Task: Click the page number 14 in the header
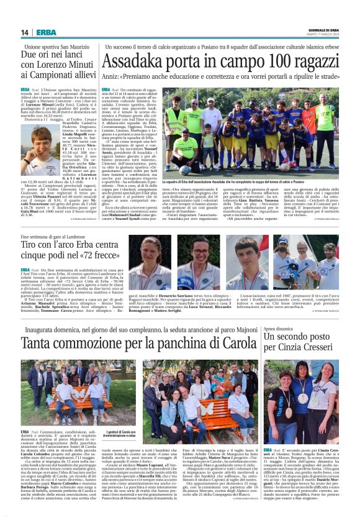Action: pyautogui.click(x=25, y=33)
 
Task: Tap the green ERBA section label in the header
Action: pyautogui.click(x=46, y=33)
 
